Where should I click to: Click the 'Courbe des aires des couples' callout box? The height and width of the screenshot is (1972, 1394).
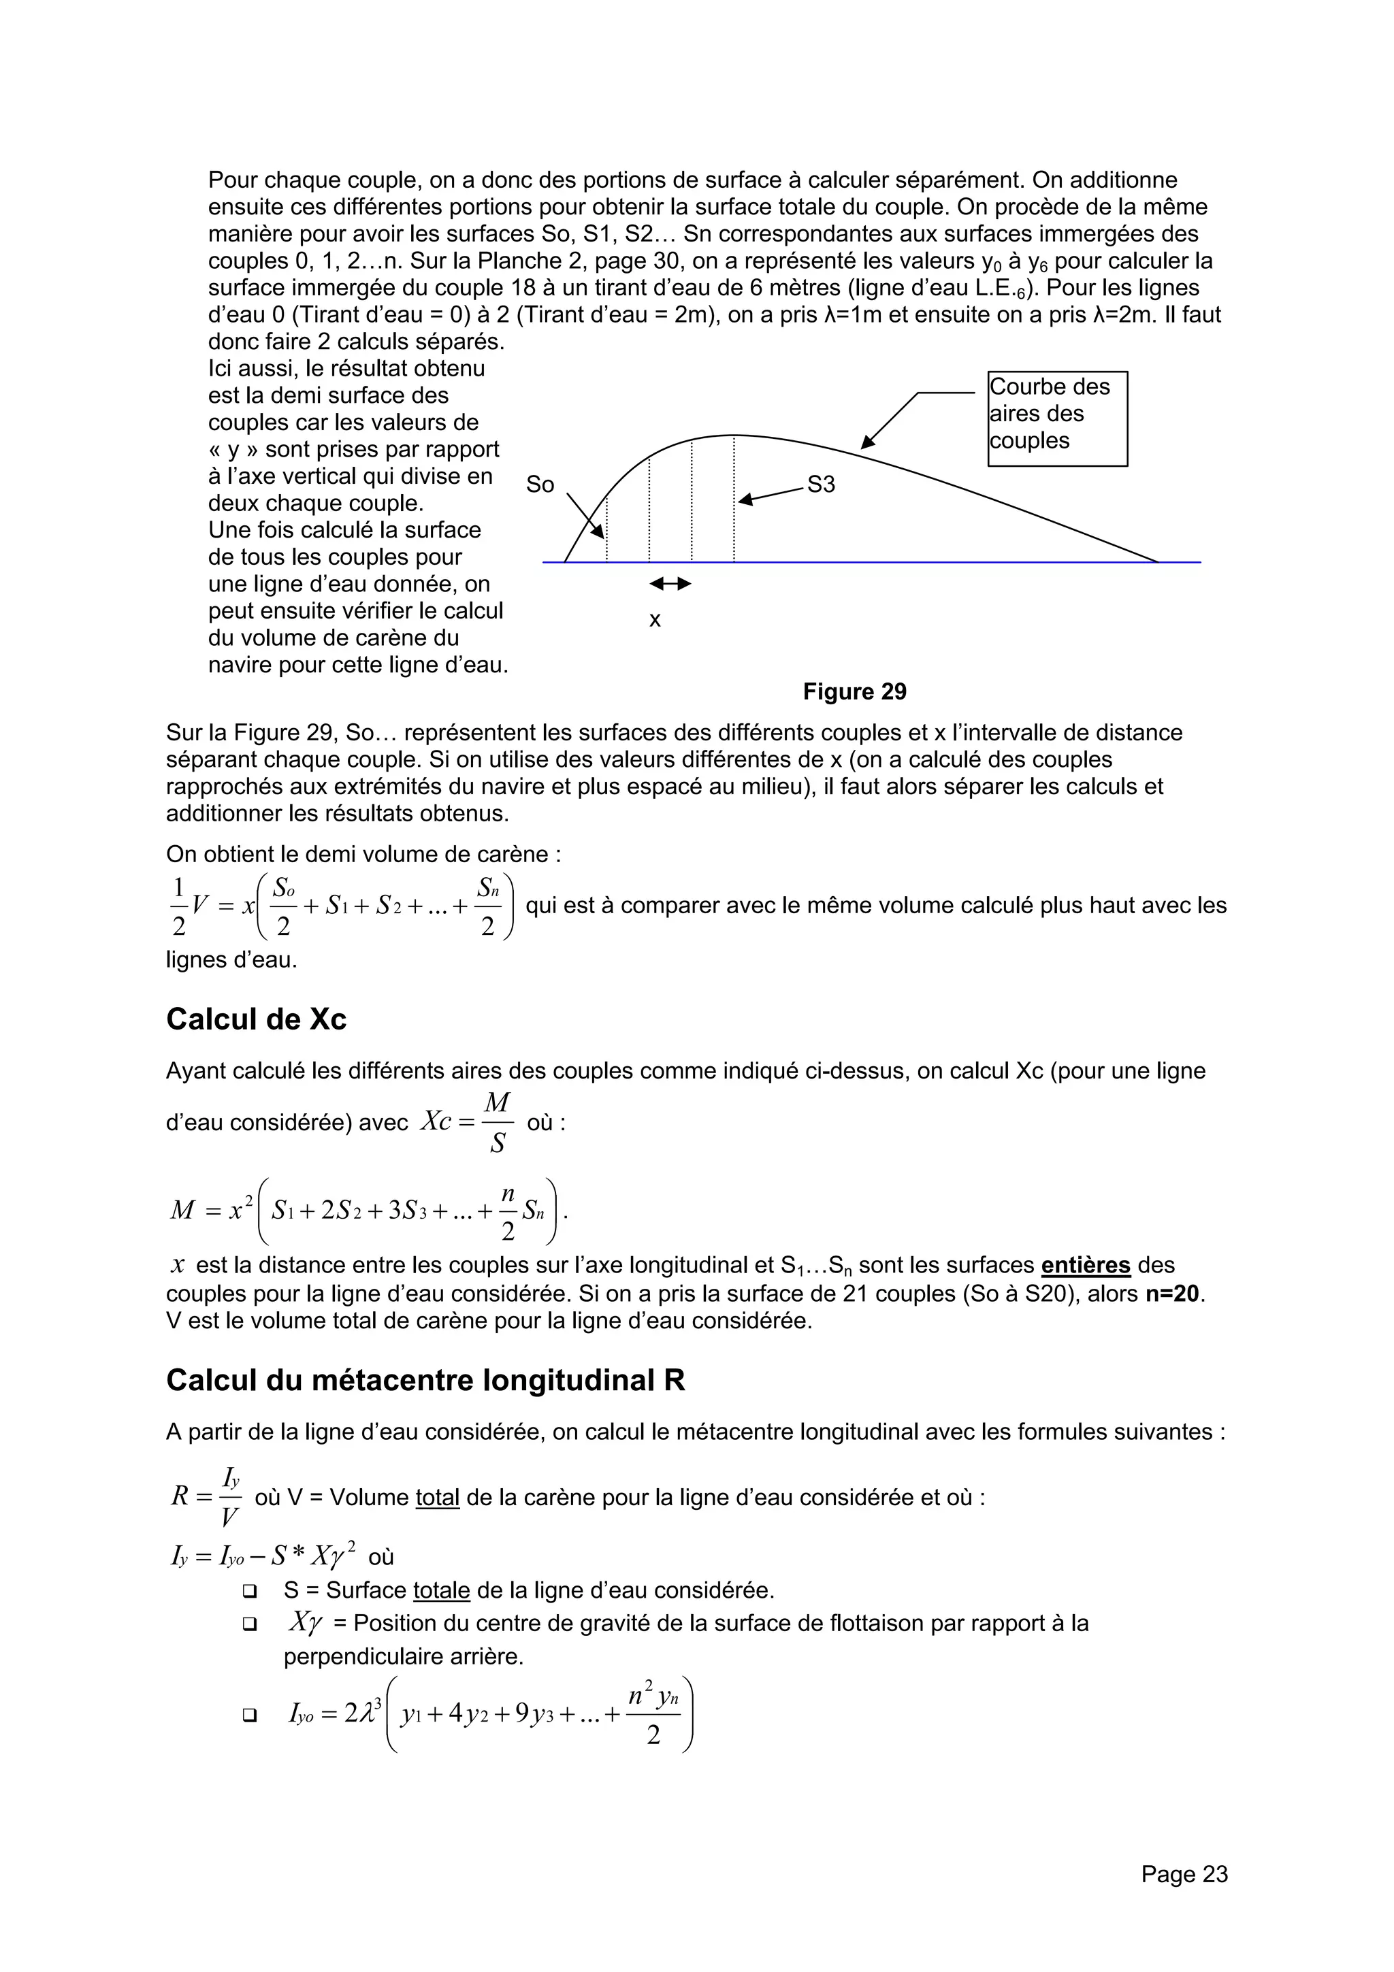(x=1056, y=418)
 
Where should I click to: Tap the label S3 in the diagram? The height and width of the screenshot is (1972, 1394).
(x=821, y=485)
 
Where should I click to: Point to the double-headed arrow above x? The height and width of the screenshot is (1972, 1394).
(x=670, y=584)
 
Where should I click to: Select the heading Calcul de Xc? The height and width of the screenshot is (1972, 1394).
(x=256, y=1019)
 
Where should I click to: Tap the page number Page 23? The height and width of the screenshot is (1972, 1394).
(x=1184, y=1874)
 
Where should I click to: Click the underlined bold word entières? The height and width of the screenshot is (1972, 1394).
(x=1085, y=1265)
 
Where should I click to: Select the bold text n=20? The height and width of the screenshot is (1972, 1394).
(x=1174, y=1293)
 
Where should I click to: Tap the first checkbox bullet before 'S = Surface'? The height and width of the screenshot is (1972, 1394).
(x=250, y=1591)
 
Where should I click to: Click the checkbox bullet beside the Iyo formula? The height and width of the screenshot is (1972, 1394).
(x=250, y=1715)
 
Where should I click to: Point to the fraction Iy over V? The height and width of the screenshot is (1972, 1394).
(x=230, y=1497)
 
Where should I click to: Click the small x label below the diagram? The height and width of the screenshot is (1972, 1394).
(x=655, y=620)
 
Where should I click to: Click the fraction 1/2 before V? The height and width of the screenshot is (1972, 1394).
(x=178, y=906)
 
